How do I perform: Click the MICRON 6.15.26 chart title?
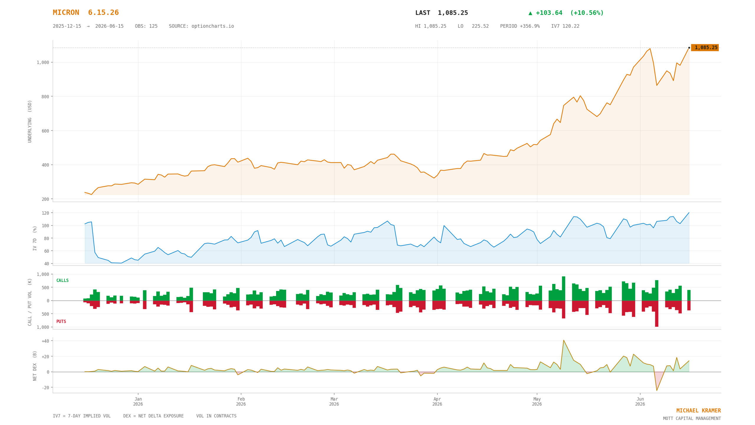point(86,13)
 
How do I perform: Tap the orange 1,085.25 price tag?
point(705,48)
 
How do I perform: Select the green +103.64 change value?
point(549,13)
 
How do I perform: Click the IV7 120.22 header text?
point(565,26)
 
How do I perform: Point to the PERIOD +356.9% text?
point(520,26)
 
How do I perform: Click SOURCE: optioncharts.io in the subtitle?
point(201,26)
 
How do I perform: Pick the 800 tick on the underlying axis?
point(45,97)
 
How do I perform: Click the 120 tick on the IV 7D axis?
point(45,213)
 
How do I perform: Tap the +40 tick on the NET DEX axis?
point(45,341)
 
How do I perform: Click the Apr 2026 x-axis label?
point(437,401)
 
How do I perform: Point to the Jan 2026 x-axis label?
point(138,401)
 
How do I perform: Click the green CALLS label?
point(63,280)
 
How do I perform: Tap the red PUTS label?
point(61,321)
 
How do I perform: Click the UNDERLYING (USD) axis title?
point(30,121)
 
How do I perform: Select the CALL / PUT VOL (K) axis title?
point(30,302)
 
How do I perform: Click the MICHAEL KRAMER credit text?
point(698,411)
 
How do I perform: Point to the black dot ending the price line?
point(689,48)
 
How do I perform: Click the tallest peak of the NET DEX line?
point(563,340)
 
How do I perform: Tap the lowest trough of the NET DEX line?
point(657,390)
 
